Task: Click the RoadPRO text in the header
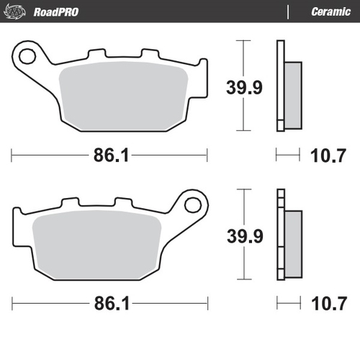(55, 11)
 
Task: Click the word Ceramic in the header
(330, 11)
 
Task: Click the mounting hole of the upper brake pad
(28, 55)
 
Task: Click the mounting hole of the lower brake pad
(192, 203)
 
